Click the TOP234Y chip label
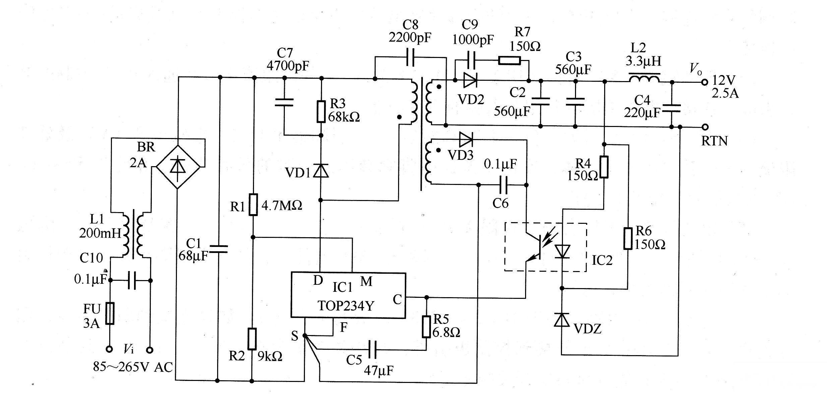click(x=345, y=306)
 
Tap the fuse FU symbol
click(x=110, y=313)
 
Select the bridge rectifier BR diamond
click(x=178, y=167)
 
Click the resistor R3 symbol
click(x=321, y=111)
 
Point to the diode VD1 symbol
click(x=321, y=171)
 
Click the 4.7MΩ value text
click(x=281, y=205)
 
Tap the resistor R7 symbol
click(x=509, y=61)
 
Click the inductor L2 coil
click(x=644, y=79)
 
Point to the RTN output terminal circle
click(x=705, y=127)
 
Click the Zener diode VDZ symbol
click(x=562, y=320)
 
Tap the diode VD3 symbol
click(x=466, y=139)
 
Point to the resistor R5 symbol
click(x=426, y=326)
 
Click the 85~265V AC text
click(x=133, y=367)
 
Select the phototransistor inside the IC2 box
click(x=535, y=247)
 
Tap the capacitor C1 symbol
click(x=218, y=249)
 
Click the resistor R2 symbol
click(x=252, y=339)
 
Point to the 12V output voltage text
click(x=723, y=80)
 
